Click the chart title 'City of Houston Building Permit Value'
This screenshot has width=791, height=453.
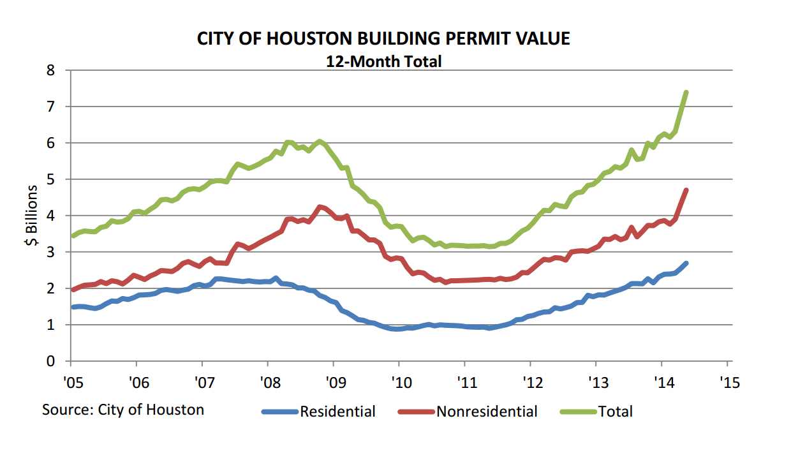click(383, 39)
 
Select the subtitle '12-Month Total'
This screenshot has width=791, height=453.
click(383, 61)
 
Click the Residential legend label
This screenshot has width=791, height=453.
click(337, 412)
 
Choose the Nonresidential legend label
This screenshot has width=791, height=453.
click(487, 412)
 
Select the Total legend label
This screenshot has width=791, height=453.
click(616, 412)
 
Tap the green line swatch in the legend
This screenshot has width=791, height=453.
click(579, 412)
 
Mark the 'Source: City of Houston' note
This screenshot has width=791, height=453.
click(123, 409)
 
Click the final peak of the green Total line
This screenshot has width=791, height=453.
click(686, 93)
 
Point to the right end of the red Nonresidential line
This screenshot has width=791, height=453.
click(686, 190)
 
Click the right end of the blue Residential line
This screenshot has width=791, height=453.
click(686, 264)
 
